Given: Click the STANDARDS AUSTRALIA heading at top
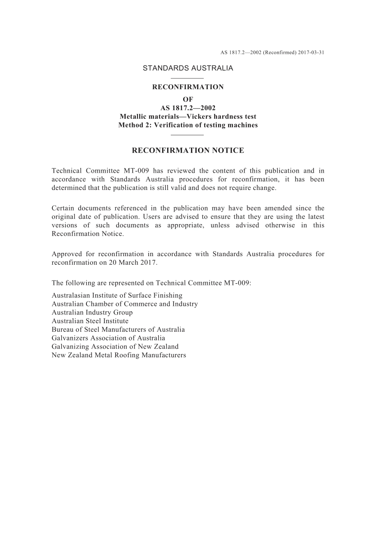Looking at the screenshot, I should (188, 68).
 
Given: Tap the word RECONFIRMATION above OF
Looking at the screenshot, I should (188, 87).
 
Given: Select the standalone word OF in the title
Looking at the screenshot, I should (188, 99).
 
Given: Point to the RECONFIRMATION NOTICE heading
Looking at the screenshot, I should (188, 150).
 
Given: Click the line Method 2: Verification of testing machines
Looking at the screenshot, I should (188, 125).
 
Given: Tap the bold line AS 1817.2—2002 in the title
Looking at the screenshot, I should (188, 108).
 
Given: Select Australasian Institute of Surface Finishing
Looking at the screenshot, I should (117, 296).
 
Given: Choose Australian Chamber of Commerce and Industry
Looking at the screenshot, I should (125, 304).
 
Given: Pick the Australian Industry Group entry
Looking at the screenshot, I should (92, 313).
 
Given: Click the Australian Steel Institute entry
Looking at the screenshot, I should (90, 321).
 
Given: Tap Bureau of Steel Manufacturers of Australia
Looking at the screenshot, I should (118, 330).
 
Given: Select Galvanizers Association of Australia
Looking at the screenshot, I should (108, 338).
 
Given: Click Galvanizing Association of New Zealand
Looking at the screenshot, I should (115, 347).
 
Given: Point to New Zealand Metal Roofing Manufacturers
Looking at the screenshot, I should (119, 355).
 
